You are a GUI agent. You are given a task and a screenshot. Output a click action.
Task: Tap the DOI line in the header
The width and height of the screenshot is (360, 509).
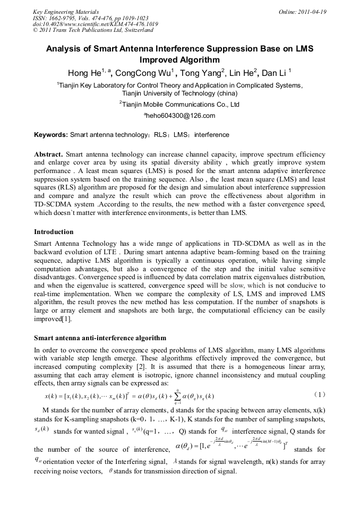pos(95,24)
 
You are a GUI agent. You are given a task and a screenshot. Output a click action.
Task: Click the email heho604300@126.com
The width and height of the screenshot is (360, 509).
pos(179,116)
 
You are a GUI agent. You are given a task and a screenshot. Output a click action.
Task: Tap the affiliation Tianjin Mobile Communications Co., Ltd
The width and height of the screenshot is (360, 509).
pos(179,105)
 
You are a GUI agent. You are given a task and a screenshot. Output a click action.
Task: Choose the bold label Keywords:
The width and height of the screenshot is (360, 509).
pos(50,135)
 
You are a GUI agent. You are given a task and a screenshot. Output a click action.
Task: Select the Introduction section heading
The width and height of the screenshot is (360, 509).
pos(54,232)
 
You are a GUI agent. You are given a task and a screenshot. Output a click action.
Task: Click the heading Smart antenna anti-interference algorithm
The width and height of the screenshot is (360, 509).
pos(100,338)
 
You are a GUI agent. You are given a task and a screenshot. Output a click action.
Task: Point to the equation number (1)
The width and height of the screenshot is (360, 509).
pos(319,395)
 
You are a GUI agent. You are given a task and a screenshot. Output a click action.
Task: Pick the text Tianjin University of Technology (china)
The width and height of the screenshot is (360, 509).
pos(179,93)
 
